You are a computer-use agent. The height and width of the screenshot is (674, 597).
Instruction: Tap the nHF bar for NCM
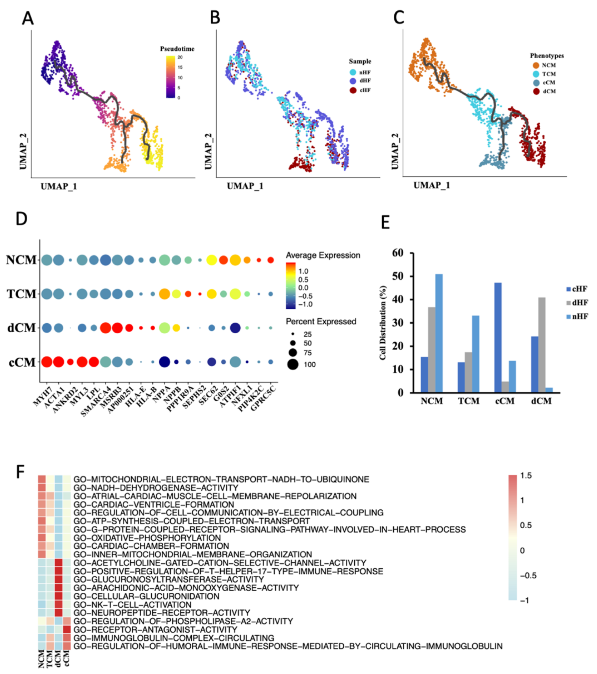(439, 333)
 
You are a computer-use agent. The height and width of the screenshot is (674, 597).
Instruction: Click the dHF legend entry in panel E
(579, 302)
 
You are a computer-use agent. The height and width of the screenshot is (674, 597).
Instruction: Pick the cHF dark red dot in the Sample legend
(353, 90)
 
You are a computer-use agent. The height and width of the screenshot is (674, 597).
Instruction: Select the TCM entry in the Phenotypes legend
(548, 74)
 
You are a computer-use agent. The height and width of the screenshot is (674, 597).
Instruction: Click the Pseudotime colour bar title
(177, 49)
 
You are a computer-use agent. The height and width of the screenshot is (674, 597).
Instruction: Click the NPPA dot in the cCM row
(164, 362)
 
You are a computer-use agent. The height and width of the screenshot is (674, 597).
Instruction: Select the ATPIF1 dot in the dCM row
(235, 328)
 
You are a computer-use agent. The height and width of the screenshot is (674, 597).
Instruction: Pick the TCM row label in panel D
(21, 293)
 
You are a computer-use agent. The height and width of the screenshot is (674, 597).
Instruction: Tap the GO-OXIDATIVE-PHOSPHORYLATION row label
(147, 538)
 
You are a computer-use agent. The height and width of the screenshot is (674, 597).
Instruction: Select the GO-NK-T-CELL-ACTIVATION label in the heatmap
(132, 605)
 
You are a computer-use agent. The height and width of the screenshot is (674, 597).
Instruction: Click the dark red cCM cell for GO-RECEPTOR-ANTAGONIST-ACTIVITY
(67, 630)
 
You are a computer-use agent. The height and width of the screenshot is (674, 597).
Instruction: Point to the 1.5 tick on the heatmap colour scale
(526, 476)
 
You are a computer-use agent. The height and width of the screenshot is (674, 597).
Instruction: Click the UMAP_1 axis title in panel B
(245, 186)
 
